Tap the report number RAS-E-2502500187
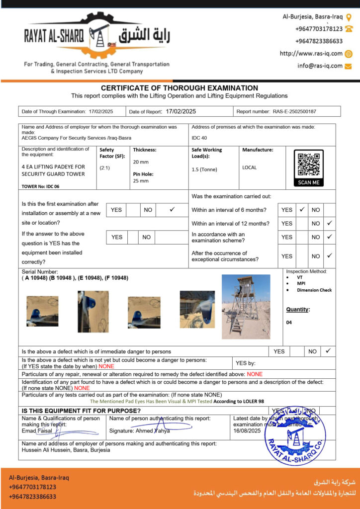click(294, 112)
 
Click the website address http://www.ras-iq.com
click(311, 54)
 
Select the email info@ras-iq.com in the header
click(320, 66)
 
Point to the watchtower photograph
click(246, 306)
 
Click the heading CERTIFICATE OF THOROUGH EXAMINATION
click(180, 88)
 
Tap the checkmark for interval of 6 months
click(301, 210)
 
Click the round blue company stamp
click(295, 436)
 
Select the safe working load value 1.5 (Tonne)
click(205, 170)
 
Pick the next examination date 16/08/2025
click(247, 431)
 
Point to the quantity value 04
click(289, 323)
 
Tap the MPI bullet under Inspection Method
click(301, 284)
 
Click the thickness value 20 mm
click(141, 162)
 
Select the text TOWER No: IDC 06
click(41, 186)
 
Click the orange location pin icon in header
click(349, 17)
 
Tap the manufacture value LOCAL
click(250, 168)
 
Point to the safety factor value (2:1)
click(105, 168)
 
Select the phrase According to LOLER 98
click(240, 401)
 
